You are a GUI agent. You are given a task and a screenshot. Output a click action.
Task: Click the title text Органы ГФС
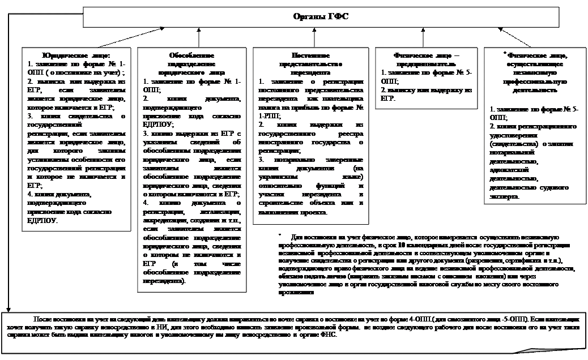coord(321,16)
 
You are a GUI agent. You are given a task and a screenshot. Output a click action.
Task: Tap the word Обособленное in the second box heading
coord(191,56)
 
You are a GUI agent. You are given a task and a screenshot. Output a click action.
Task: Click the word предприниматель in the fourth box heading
coord(425,64)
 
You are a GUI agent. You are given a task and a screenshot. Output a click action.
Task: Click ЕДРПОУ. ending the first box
coord(43,220)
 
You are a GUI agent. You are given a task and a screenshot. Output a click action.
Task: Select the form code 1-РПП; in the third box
coord(269,115)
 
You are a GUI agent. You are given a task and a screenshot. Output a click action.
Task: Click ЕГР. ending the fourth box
coord(387,98)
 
